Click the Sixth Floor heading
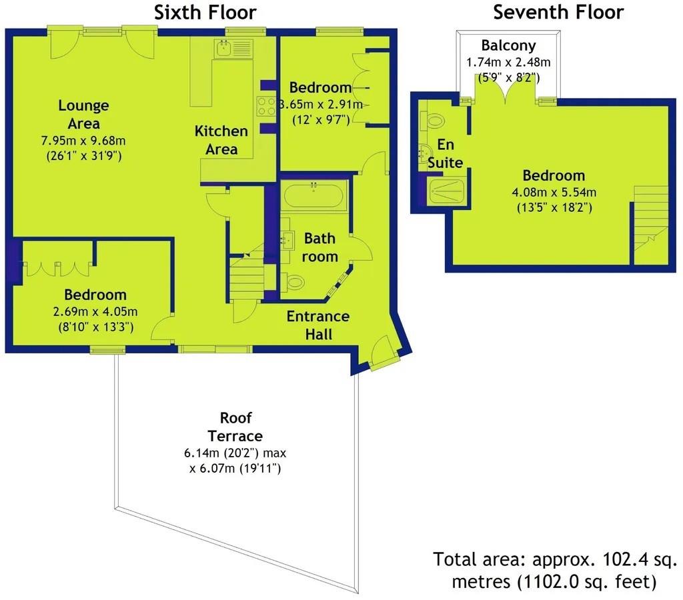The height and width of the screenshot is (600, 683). point(205,12)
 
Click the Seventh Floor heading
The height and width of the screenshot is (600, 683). point(558,12)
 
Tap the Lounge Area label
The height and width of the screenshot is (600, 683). point(83,115)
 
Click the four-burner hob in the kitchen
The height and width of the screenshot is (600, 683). point(265,106)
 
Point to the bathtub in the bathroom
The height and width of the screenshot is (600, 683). point(313,194)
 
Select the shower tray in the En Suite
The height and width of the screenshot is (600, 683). point(446,191)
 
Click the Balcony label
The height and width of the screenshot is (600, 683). point(508,45)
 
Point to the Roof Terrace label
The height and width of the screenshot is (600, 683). point(235,427)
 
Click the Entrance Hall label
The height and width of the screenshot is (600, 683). point(318,325)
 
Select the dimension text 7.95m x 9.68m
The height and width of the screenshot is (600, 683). point(83,141)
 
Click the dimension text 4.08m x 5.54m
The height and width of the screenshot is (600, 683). point(554,192)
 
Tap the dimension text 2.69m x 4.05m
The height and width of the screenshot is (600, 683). point(95,311)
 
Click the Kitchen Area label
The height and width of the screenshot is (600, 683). point(221,140)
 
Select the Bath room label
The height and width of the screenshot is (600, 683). point(319,247)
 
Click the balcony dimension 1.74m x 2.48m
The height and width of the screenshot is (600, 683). point(508,62)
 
